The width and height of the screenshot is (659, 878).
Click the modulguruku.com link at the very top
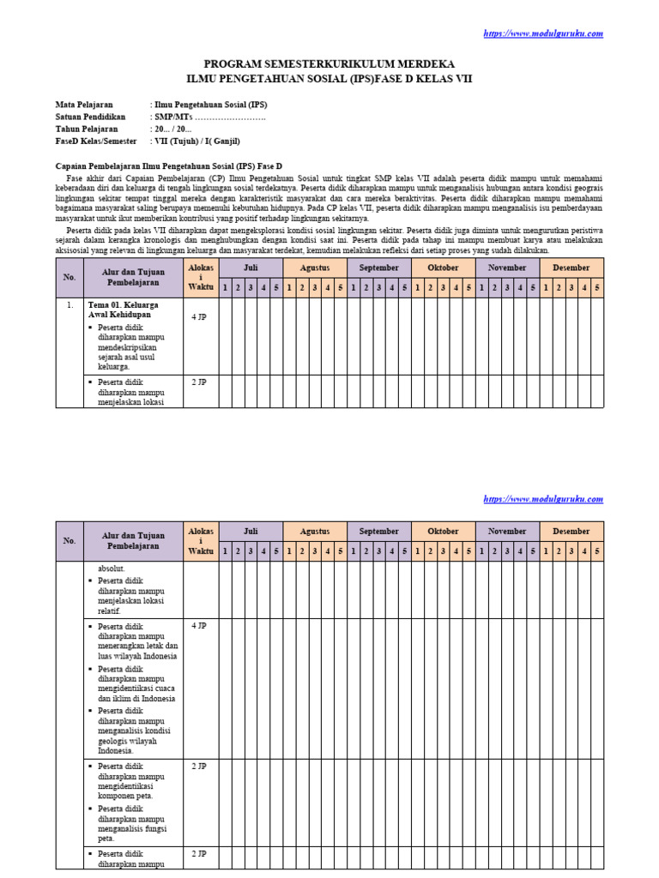pyautogui.click(x=543, y=33)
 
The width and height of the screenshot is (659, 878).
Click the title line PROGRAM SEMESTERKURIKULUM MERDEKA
pyautogui.click(x=329, y=64)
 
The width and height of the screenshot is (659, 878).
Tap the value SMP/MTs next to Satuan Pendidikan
pyautogui.click(x=209, y=117)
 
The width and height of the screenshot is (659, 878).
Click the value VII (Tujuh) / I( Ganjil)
pyautogui.click(x=196, y=141)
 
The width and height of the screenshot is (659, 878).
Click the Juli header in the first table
pyautogui.click(x=251, y=268)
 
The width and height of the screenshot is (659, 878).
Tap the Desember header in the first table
pyautogui.click(x=571, y=268)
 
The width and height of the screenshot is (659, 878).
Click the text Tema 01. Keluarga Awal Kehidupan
pyautogui.click(x=124, y=309)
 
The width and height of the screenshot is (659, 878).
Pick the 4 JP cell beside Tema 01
pyautogui.click(x=198, y=316)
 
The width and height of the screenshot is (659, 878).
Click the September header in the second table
pyautogui.click(x=378, y=531)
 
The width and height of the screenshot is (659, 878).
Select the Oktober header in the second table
pyautogui.click(x=443, y=531)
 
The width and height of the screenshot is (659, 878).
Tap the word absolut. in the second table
pyautogui.click(x=112, y=568)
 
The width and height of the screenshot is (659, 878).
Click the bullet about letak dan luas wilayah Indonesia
pyautogui.click(x=137, y=640)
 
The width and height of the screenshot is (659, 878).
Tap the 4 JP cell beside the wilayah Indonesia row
pyautogui.click(x=198, y=626)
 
